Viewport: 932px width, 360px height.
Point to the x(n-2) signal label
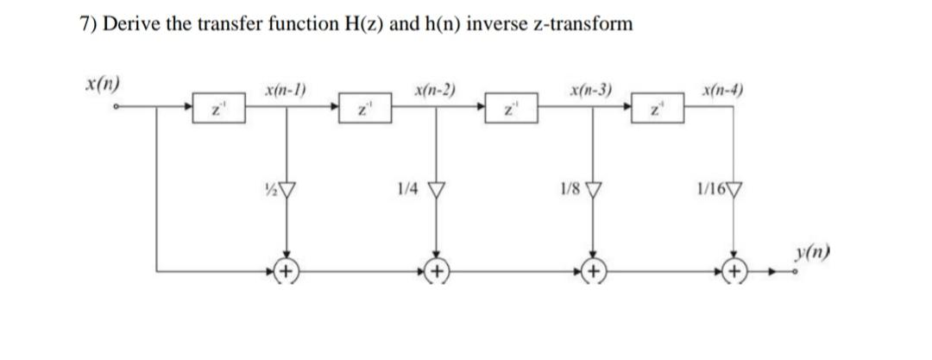[436, 89]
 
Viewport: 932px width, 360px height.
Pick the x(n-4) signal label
[727, 90]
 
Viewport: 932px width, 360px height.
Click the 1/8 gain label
[569, 188]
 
